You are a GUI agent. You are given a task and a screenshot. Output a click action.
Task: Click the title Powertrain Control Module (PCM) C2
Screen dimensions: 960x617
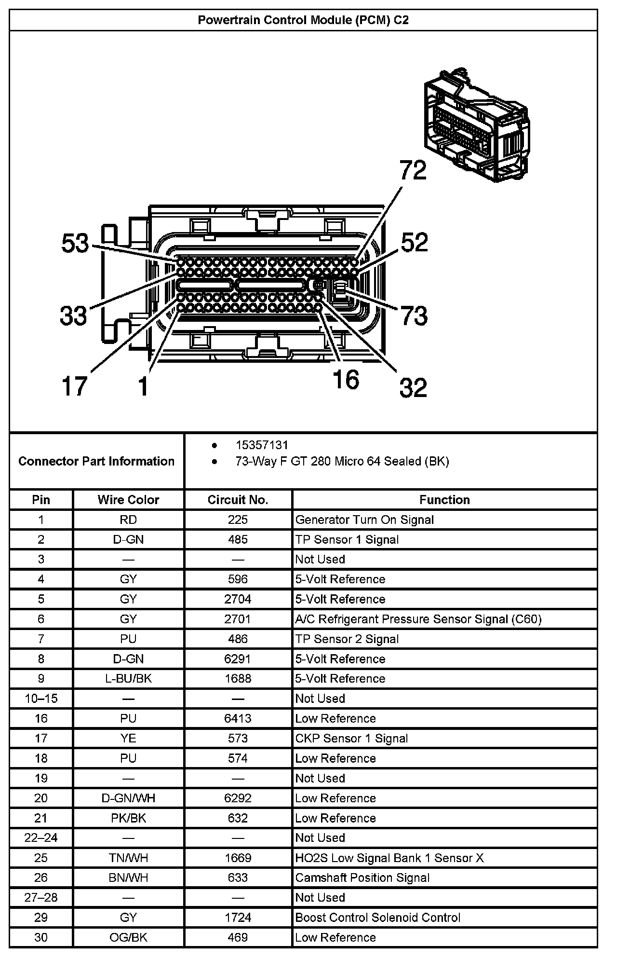(303, 20)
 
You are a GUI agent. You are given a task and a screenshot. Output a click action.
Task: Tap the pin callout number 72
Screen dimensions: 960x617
(413, 171)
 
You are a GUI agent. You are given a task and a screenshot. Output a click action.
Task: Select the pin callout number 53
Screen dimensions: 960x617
(76, 243)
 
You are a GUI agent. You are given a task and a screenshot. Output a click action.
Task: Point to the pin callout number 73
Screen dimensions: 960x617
(414, 316)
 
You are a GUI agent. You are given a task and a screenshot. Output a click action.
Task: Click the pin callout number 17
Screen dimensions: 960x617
(74, 386)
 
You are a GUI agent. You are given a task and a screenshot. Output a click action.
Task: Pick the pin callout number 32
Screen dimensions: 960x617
(413, 387)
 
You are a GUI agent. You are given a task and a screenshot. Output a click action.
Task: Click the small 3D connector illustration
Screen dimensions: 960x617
(476, 125)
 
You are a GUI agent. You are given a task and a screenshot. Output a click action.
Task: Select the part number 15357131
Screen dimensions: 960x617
(262, 445)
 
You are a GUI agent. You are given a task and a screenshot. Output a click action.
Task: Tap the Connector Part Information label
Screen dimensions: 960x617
(96, 461)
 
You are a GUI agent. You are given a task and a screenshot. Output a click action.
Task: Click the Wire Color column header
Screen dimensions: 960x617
(128, 500)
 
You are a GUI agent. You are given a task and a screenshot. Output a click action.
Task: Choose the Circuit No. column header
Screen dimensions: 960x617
(238, 500)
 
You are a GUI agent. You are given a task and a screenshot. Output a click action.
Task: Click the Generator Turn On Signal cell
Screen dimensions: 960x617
(364, 520)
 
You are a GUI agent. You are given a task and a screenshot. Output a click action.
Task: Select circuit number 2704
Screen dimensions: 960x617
(238, 599)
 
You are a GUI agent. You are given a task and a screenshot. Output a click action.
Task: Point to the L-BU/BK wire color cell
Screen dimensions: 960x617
(128, 679)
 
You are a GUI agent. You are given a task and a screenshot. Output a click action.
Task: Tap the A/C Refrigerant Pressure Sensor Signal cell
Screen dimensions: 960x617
(418, 619)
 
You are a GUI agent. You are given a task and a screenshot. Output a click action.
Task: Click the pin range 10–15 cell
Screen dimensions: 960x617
(41, 699)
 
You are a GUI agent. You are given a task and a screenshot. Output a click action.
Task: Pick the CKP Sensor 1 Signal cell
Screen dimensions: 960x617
(351, 739)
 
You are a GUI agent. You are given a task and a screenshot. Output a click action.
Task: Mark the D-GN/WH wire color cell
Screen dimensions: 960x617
(128, 798)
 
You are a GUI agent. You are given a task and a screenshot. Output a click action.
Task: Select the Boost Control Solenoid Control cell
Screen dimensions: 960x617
(378, 918)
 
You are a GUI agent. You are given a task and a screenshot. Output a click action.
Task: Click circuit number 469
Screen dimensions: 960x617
(238, 937)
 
